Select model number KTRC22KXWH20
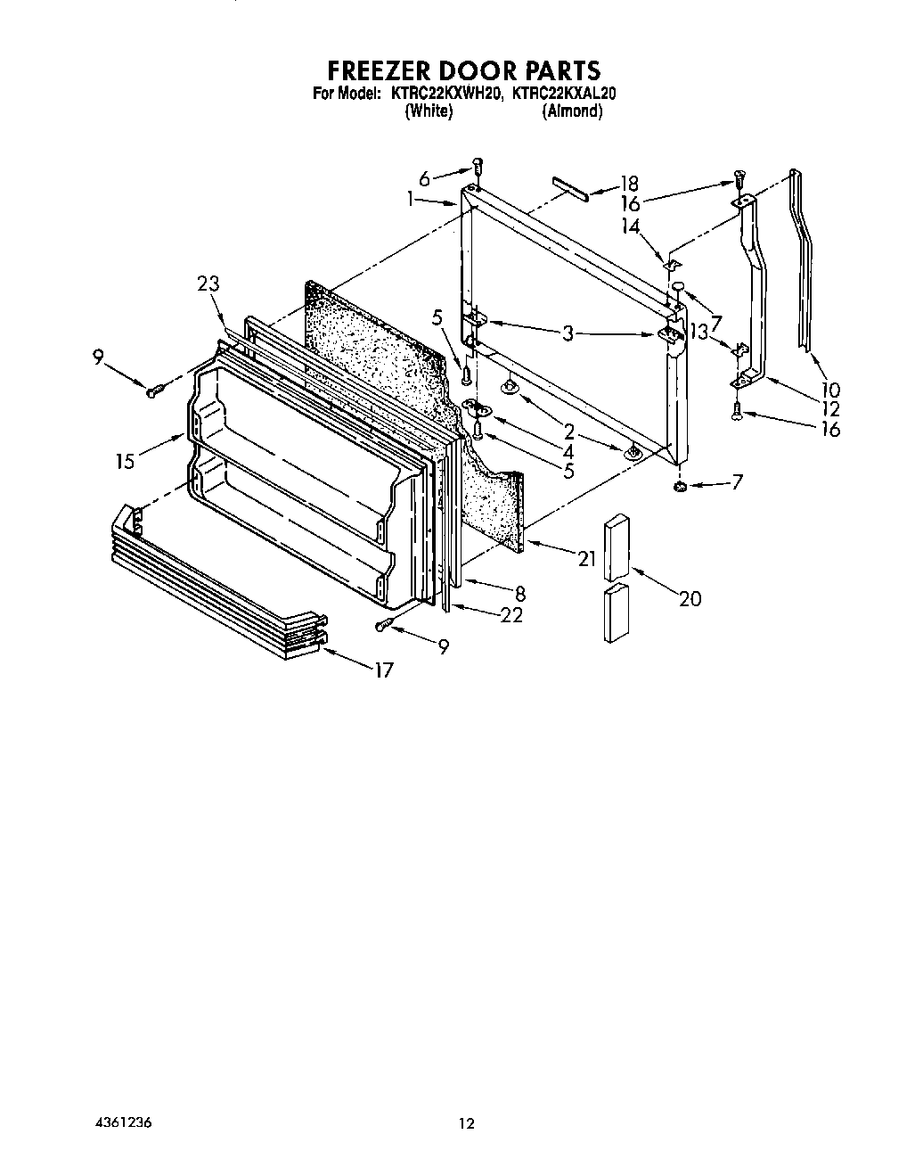pyautogui.click(x=447, y=92)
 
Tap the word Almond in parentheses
pyautogui.click(x=573, y=111)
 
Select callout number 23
pyautogui.click(x=208, y=284)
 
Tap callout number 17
pyautogui.click(x=383, y=670)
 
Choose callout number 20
pyautogui.click(x=690, y=598)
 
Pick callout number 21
pyautogui.click(x=585, y=559)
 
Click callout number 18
pyautogui.click(x=629, y=184)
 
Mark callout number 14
pyautogui.click(x=632, y=226)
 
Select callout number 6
pyautogui.click(x=424, y=178)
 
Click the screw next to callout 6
pyautogui.click(x=478, y=166)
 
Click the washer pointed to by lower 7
pyautogui.click(x=680, y=486)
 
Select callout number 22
pyautogui.click(x=511, y=614)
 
